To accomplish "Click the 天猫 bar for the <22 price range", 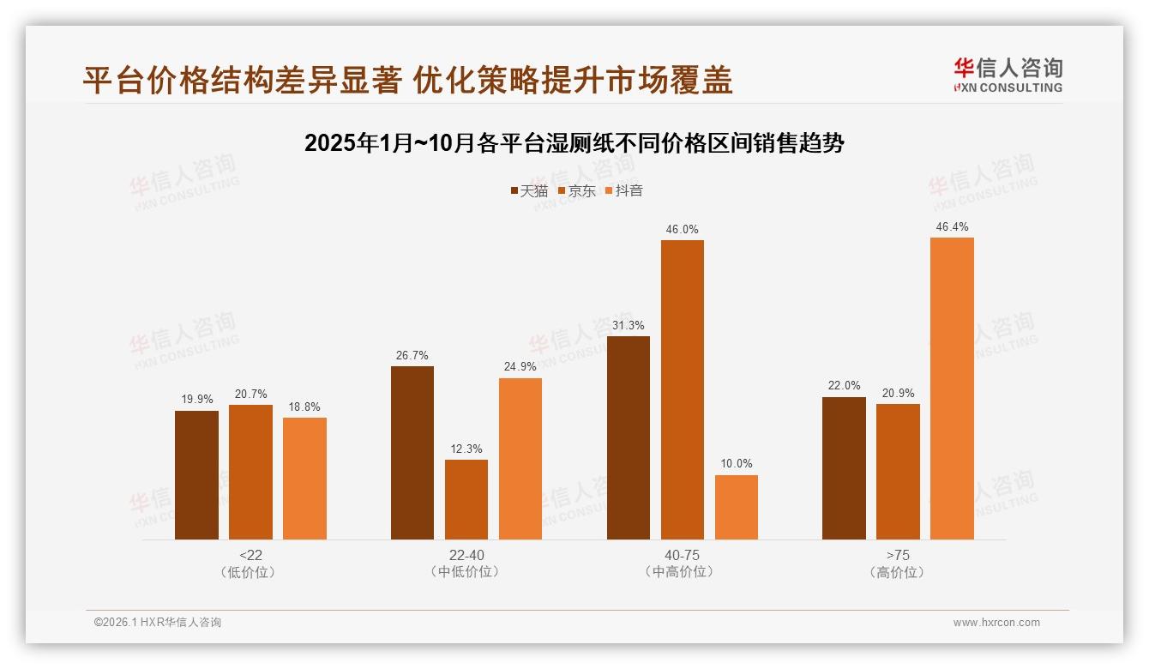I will pos(196,475).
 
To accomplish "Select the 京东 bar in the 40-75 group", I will pos(682,389).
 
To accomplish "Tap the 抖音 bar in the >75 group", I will pos(952,389).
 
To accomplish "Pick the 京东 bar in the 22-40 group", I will pos(466,499).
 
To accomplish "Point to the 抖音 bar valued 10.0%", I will pos(737,507).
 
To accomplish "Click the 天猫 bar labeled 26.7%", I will pos(412,453).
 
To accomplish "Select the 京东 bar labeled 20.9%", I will pos(898,472).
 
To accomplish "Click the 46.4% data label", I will pos(952,227).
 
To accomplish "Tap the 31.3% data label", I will pos(629,326).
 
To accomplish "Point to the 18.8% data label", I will pos(304,407).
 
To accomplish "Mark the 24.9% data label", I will pos(520,367).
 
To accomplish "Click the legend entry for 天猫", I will pos(528,191).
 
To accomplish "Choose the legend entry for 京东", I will pos(576,191).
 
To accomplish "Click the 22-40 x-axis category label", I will pos(466,555).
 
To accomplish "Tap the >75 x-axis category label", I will pos(898,555).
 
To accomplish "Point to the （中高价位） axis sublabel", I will pos(682,572).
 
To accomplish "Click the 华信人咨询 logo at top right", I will pos(1008,75).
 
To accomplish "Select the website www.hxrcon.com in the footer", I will pos(996,623).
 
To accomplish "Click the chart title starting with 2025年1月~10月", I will pos(574,143).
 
